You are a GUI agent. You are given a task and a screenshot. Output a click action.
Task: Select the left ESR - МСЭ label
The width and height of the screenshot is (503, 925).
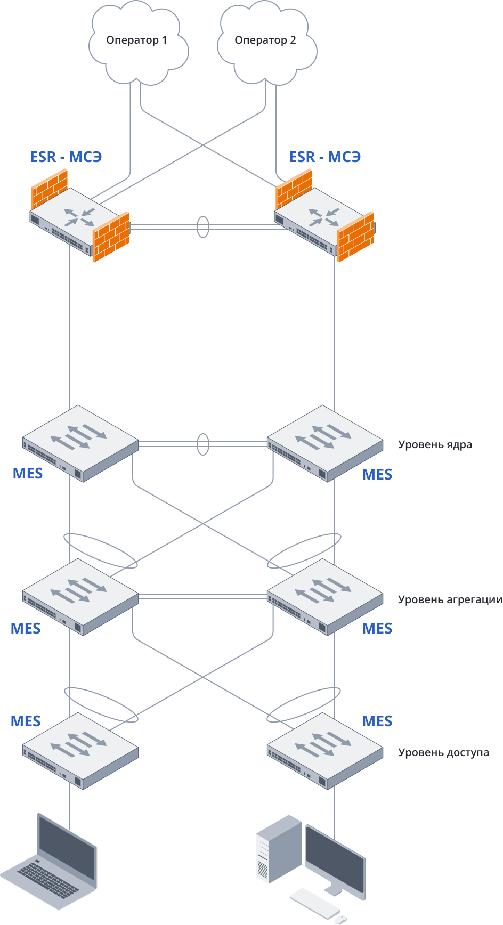click(66, 157)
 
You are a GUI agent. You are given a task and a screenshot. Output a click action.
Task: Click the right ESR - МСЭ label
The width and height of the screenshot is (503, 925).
click(325, 157)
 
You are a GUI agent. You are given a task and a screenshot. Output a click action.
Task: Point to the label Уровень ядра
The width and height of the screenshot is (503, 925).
click(435, 445)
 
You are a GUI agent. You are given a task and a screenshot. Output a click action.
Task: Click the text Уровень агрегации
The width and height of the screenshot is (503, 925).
click(450, 600)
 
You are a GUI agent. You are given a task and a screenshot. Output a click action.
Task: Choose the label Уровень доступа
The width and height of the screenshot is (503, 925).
click(443, 753)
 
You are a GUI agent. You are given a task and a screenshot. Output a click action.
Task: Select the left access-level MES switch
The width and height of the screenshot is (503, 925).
click(80, 750)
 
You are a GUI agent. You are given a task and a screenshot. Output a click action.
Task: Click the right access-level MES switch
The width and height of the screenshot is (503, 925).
click(325, 750)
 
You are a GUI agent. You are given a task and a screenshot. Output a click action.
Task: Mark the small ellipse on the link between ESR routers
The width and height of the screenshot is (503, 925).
click(203, 227)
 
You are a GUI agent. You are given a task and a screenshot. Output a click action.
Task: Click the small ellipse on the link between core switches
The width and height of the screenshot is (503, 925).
click(203, 444)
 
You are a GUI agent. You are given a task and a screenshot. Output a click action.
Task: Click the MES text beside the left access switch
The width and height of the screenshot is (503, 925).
click(26, 721)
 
